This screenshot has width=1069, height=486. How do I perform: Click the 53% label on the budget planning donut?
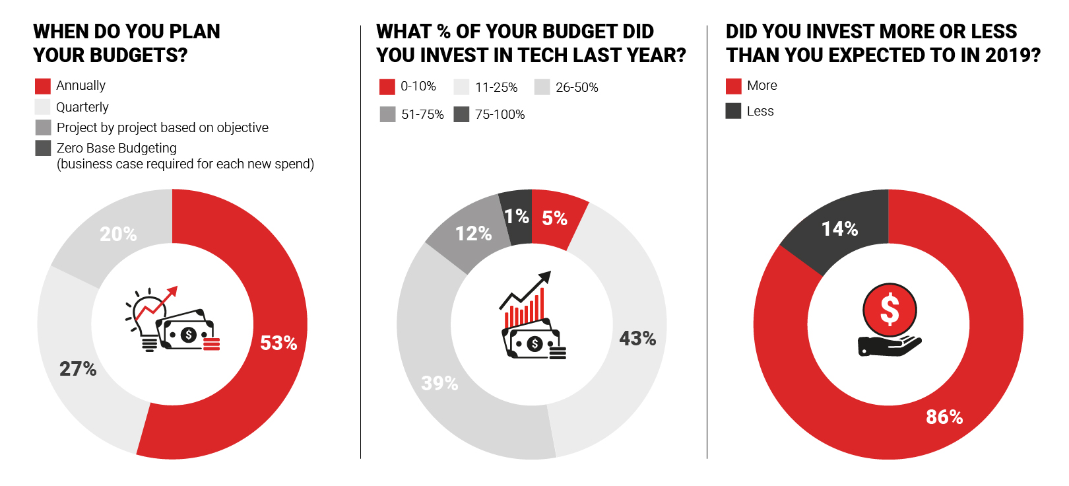click(278, 343)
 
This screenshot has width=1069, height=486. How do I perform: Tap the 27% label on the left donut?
click(78, 369)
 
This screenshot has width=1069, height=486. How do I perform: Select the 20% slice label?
click(118, 234)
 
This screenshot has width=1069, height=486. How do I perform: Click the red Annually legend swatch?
click(43, 86)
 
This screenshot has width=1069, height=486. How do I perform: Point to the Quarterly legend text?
click(82, 107)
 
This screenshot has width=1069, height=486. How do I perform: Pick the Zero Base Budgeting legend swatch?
click(43, 148)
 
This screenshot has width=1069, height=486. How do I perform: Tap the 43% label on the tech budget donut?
click(637, 339)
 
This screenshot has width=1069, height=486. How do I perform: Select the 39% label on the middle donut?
click(439, 384)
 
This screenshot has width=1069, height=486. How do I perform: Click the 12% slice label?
click(473, 234)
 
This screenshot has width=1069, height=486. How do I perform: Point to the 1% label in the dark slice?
click(516, 217)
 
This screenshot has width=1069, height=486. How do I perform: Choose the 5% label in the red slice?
click(554, 219)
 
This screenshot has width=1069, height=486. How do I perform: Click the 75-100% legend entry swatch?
click(462, 114)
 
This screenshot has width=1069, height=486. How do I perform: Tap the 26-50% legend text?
click(577, 88)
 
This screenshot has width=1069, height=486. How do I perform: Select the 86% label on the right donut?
click(944, 417)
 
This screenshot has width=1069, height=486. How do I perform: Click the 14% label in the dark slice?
click(839, 229)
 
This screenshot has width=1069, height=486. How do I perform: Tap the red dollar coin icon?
click(890, 310)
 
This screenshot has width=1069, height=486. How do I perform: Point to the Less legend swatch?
click(733, 111)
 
